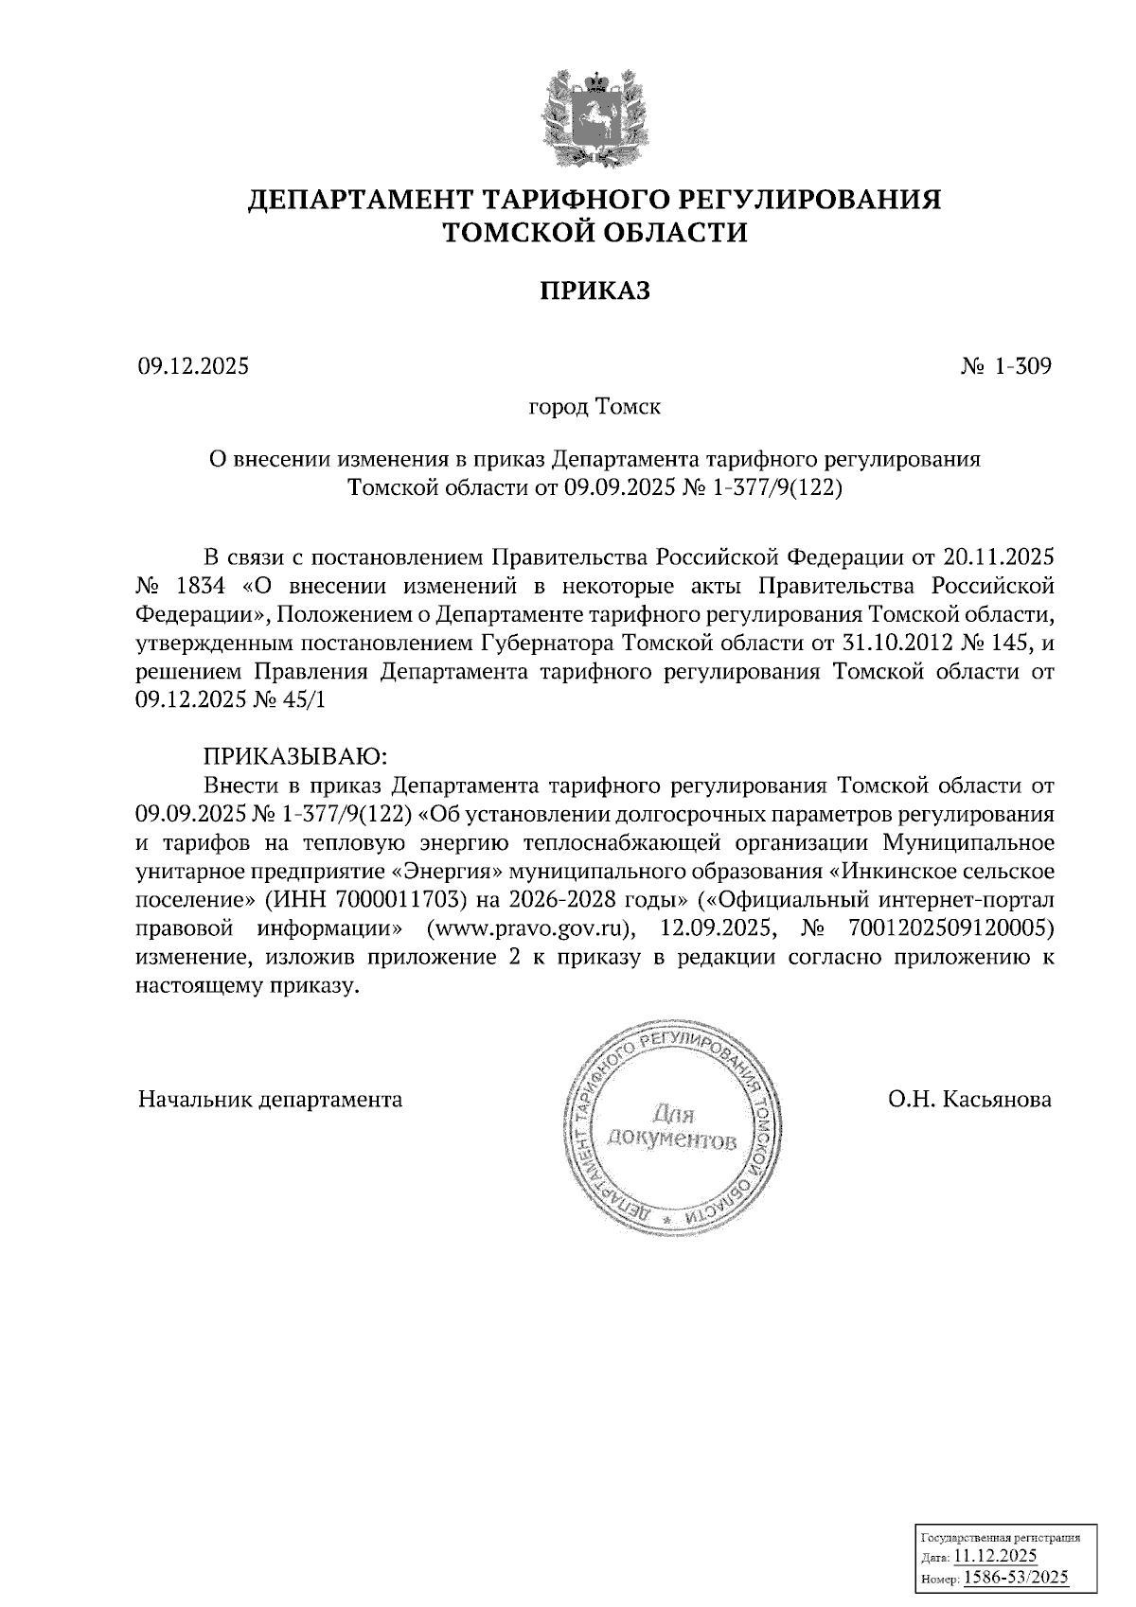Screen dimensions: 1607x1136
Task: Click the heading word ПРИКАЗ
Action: click(x=595, y=291)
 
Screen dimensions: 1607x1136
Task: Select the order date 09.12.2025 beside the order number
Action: click(x=193, y=366)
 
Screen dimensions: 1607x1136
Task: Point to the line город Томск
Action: click(x=595, y=408)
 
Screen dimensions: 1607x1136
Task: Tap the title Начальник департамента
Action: click(x=270, y=1100)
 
